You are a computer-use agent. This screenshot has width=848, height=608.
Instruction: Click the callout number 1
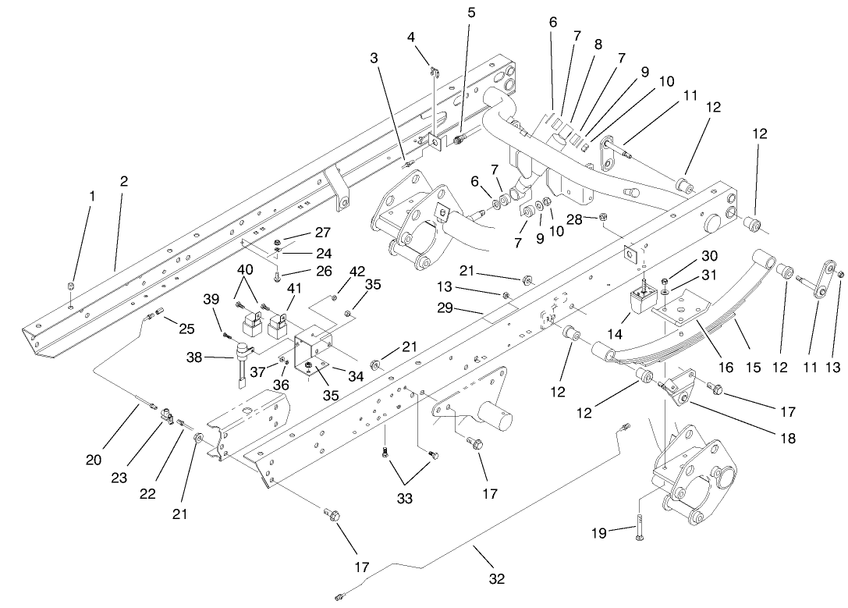click(x=92, y=197)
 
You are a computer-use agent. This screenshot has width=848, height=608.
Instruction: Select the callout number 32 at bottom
click(x=497, y=578)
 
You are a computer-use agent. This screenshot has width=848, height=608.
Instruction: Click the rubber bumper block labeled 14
click(x=644, y=300)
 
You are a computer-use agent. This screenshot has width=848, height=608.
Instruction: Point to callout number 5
click(x=470, y=13)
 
